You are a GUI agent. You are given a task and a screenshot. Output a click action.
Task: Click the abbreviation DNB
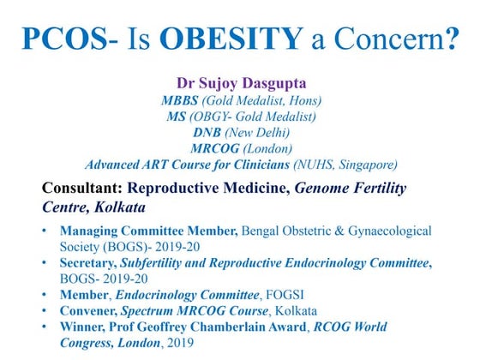coord(208,132)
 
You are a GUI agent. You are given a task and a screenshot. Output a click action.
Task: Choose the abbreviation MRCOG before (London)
coord(213,147)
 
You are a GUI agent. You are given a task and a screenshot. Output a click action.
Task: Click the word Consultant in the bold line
coord(82,188)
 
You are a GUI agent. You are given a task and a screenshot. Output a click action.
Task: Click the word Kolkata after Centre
coord(120,207)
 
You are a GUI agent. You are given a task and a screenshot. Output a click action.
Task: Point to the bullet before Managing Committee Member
coord(45,231)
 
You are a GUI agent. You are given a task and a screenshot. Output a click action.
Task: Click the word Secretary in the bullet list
coord(90,263)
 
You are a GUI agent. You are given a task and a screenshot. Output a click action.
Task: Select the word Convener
coord(91,311)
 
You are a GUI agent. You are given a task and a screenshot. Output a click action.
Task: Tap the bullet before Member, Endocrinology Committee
coord(45,295)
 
